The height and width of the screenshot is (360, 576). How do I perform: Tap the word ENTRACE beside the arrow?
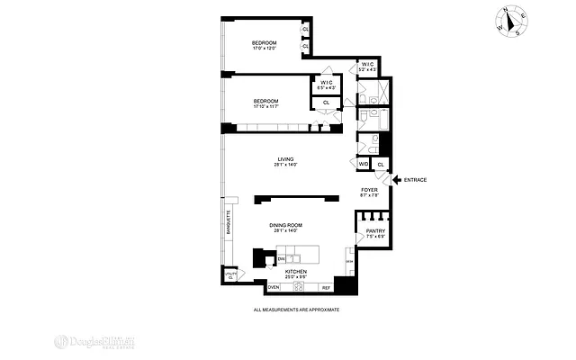click(415, 180)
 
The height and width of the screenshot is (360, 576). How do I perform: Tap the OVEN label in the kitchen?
click(274, 287)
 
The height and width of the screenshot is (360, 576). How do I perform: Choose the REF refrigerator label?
click(326, 287)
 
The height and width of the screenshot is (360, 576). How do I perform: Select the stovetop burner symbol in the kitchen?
click(300, 287)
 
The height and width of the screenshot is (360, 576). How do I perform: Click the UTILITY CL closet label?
click(230, 276)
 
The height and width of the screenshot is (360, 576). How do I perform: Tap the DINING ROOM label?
click(285, 226)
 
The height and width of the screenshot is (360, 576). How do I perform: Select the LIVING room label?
click(285, 161)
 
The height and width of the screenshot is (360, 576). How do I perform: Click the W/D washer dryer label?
click(364, 164)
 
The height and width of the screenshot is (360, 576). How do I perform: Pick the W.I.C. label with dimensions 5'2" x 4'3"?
click(367, 67)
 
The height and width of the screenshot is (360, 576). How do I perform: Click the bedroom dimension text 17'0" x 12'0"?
click(264, 49)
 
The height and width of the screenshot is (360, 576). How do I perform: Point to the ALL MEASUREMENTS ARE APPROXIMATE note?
click(298, 310)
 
